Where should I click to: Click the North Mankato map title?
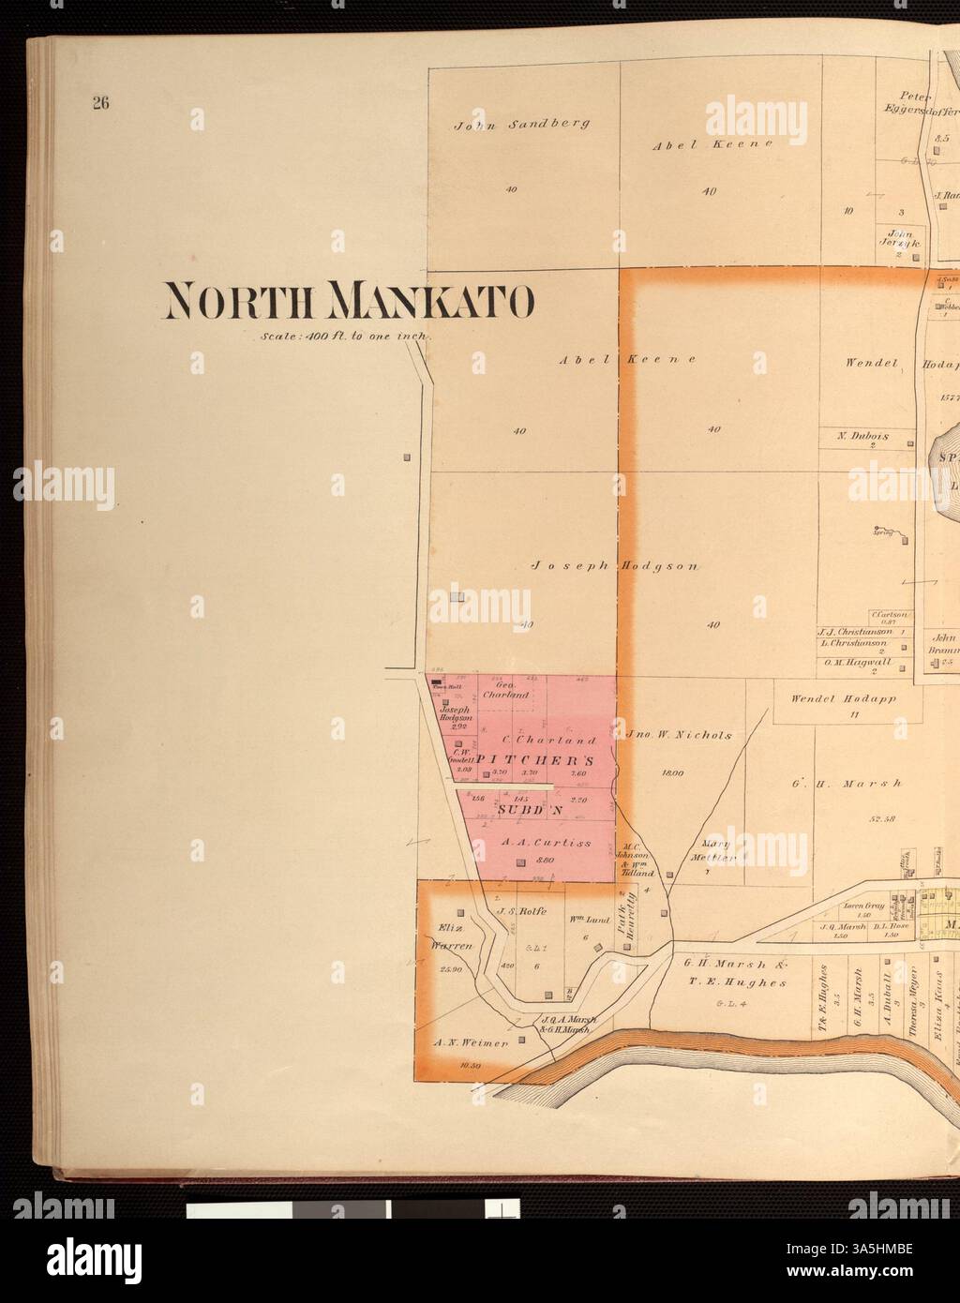pyautogui.click(x=349, y=300)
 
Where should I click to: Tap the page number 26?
pyautogui.click(x=100, y=103)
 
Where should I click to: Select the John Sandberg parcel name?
pyautogui.click(x=522, y=124)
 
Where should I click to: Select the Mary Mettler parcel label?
pyautogui.click(x=713, y=849)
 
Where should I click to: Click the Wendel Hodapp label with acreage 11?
pyautogui.click(x=831, y=698)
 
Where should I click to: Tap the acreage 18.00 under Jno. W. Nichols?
pyautogui.click(x=672, y=773)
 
